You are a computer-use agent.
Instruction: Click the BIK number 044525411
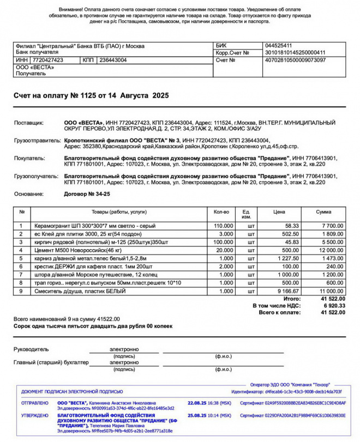278,45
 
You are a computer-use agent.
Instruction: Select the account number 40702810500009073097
295,60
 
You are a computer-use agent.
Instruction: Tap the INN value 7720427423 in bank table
47,60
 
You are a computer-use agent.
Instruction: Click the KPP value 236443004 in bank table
112,60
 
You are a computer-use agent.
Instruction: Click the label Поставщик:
29,123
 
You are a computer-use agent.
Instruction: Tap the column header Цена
279,211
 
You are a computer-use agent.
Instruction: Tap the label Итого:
292,299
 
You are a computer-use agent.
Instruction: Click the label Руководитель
31,349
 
